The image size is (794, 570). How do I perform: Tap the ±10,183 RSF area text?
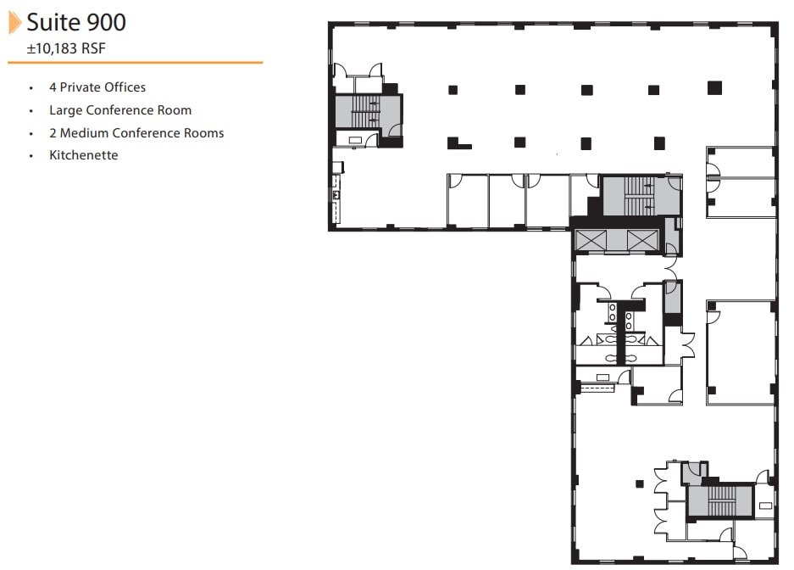click(x=66, y=49)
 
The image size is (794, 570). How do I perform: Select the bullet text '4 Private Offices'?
click(x=97, y=87)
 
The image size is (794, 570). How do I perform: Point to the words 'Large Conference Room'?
click(x=119, y=110)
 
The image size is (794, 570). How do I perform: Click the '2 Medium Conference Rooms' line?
click(x=136, y=133)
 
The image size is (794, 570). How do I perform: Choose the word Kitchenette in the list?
click(x=83, y=155)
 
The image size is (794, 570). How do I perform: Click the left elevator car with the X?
click(x=590, y=240)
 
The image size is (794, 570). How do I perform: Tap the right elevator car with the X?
click(x=642, y=240)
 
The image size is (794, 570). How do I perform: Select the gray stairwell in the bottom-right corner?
click(x=718, y=500)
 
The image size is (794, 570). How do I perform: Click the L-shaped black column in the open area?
click(x=457, y=143)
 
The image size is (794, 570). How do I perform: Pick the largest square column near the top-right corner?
click(x=714, y=87)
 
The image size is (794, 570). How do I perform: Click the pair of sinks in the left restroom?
click(x=612, y=312)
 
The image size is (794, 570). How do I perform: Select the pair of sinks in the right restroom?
click(x=630, y=320)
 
